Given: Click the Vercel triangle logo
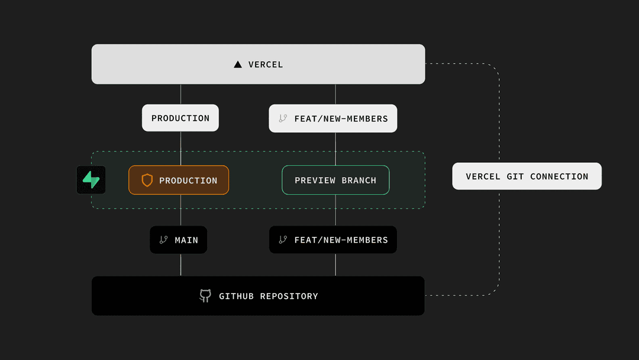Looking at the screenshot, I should (x=238, y=65).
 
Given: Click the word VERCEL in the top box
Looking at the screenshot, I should (x=266, y=65).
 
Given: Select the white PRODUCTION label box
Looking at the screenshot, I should (x=180, y=118).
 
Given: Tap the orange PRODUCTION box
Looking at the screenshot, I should (x=179, y=180).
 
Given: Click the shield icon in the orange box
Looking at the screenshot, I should (x=147, y=180).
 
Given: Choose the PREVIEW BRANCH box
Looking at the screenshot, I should (x=335, y=180).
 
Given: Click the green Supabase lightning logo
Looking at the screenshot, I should (x=91, y=179).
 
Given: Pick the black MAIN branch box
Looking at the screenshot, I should (x=179, y=240).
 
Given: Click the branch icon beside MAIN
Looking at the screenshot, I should (x=164, y=240).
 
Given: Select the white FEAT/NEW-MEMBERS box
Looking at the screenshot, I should (x=333, y=118).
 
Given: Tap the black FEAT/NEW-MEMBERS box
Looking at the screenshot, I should (x=333, y=240).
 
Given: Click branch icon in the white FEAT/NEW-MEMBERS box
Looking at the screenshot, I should (x=283, y=118).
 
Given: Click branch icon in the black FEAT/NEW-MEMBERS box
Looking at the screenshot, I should (x=283, y=240).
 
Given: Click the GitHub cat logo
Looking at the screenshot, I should (x=205, y=296).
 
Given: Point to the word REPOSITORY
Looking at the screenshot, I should (x=289, y=296).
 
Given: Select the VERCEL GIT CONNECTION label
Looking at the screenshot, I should (x=527, y=176).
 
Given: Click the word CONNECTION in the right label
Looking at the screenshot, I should (x=559, y=176).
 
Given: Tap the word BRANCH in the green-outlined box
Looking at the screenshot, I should (x=359, y=180).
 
